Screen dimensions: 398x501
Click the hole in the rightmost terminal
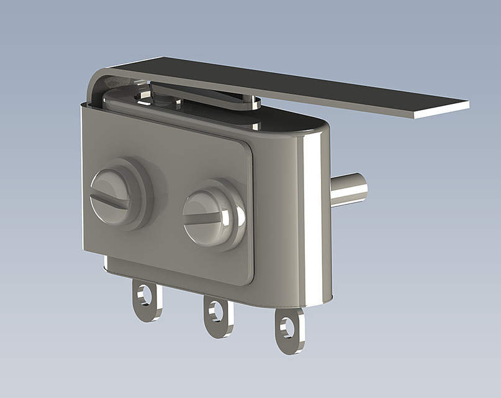[287, 326]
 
